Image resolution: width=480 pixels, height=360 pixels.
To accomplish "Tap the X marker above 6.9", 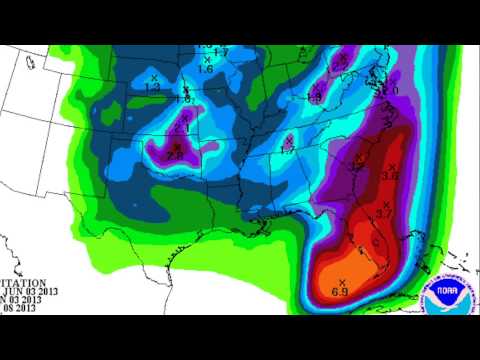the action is (x=342, y=280).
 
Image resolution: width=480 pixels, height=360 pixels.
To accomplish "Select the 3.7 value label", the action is (x=384, y=214).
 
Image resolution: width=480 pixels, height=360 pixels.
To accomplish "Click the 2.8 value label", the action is (x=173, y=155).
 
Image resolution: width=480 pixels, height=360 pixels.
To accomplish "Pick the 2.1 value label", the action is (x=183, y=127).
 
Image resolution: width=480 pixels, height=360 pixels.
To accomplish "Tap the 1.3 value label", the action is (x=153, y=88).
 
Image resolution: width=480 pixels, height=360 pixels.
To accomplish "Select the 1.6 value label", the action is (x=205, y=69).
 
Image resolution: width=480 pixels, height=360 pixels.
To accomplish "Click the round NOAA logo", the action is (x=447, y=295).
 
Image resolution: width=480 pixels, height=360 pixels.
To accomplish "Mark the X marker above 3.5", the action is (x=392, y=166).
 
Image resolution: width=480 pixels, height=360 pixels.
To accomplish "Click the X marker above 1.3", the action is (x=154, y=78).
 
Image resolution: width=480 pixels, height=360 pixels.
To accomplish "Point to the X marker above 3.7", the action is (x=386, y=204).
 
